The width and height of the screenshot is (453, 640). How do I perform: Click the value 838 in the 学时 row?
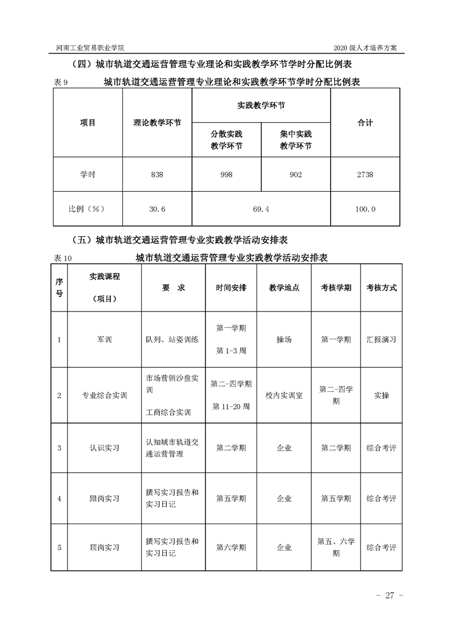(157, 175)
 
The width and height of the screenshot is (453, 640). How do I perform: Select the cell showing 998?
(226, 175)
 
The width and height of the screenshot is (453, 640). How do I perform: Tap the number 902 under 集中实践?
(295, 175)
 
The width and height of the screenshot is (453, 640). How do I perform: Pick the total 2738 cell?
(365, 175)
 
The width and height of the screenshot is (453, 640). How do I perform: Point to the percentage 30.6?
(157, 209)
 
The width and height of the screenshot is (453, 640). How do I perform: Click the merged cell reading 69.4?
(260, 209)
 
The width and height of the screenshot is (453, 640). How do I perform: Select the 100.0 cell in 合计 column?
(365, 209)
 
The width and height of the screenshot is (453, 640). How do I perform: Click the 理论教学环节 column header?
(157, 123)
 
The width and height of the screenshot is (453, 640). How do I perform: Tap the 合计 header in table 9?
(365, 123)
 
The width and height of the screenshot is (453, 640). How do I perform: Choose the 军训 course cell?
(105, 339)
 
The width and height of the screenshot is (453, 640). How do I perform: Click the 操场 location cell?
(284, 339)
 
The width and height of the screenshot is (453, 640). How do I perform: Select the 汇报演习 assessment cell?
(381, 339)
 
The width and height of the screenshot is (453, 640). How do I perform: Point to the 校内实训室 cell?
(284, 395)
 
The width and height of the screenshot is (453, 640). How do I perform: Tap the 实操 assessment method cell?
(381, 395)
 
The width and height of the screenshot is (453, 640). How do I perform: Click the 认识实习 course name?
(105, 448)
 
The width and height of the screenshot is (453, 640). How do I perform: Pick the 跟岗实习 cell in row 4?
(105, 499)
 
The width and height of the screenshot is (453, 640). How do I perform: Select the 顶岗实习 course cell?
(105, 548)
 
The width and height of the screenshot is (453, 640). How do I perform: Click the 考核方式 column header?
(381, 288)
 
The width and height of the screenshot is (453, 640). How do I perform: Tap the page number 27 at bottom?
(390, 596)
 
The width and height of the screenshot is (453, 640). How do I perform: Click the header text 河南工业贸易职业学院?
(91, 47)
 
